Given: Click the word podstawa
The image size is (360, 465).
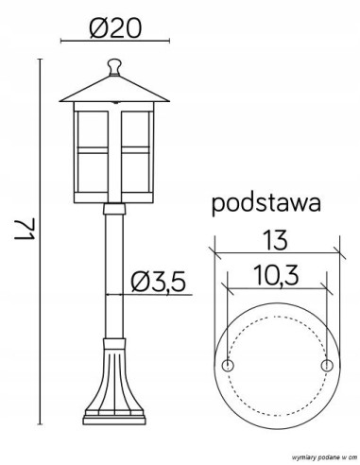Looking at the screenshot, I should coord(266,203).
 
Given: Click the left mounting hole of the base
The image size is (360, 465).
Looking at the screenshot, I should coord(226,365).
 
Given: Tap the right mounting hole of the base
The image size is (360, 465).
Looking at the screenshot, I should coord(327,365).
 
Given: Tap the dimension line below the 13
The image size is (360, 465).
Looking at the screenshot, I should coord(275,250).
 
